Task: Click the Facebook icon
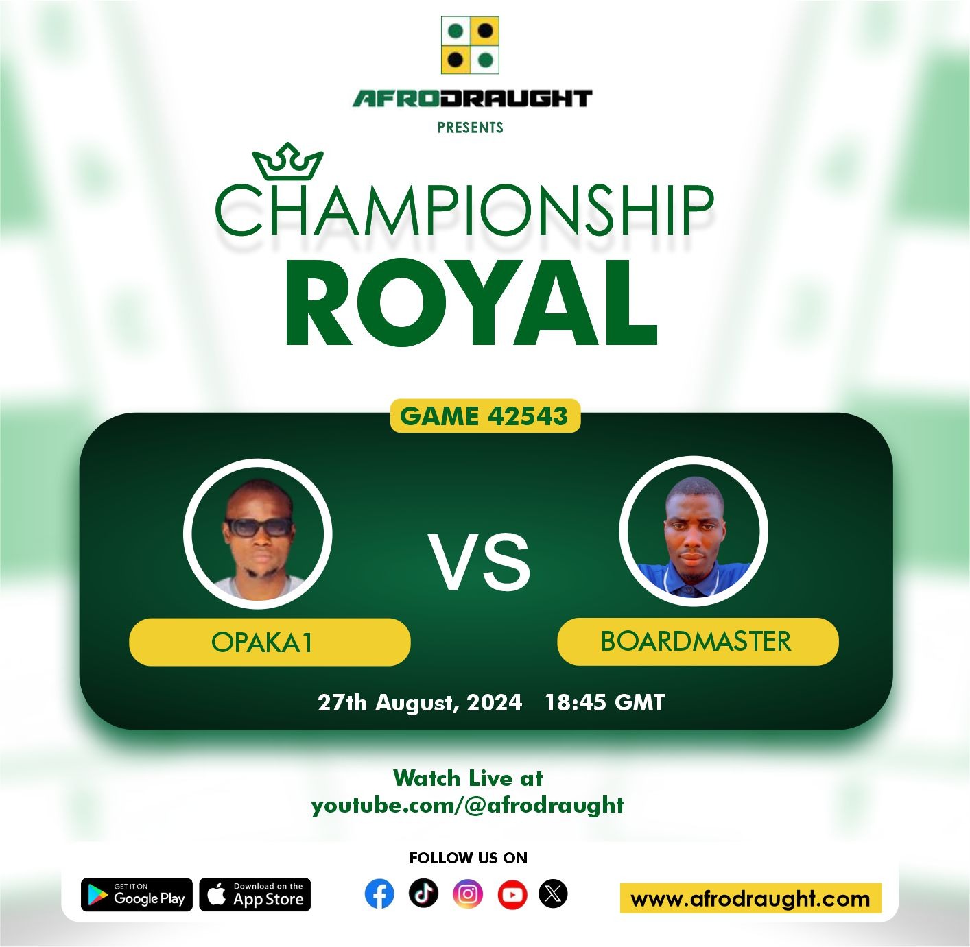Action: [379, 894]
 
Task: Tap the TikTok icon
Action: [423, 893]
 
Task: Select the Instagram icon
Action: [468, 894]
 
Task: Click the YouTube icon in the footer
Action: [512, 894]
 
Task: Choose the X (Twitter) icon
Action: [554, 894]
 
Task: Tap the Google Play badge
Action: [137, 895]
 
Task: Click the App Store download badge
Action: [255, 895]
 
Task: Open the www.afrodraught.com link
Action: [750, 898]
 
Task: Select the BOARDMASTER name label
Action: [698, 642]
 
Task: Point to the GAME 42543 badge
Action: [485, 416]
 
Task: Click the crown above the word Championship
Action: [288, 161]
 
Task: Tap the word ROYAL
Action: [471, 302]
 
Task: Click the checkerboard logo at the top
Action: [470, 45]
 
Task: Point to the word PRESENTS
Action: [470, 128]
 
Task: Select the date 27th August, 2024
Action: [420, 702]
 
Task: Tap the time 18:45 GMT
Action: [604, 702]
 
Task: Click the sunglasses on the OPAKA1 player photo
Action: [259, 527]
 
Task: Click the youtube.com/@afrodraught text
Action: [468, 806]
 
